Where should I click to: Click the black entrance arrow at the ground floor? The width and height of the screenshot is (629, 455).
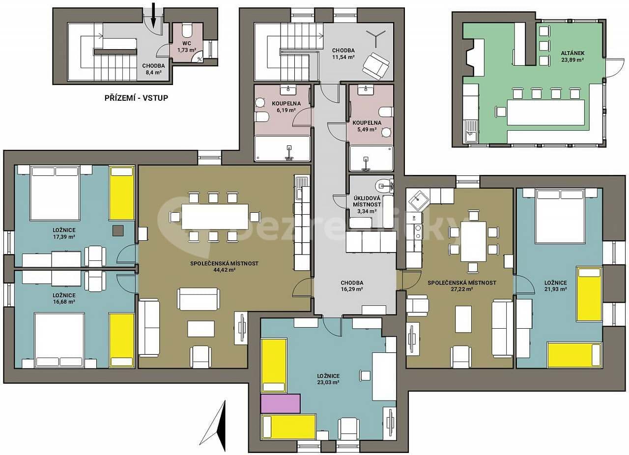153,15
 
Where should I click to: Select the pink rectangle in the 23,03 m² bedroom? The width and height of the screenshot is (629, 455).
280,403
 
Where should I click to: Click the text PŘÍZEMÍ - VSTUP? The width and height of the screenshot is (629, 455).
136,98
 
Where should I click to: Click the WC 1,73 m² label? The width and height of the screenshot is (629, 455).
186,47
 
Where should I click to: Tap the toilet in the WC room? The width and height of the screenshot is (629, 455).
187,31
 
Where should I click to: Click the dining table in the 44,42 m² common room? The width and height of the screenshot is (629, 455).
215,217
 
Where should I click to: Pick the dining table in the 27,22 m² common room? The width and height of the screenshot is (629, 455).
473,241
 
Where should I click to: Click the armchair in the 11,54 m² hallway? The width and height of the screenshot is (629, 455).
375,65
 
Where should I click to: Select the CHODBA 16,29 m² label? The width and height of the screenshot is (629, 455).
352,286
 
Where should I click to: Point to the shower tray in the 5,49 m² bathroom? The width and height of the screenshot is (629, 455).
371,158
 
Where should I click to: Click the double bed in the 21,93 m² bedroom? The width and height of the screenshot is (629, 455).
559,216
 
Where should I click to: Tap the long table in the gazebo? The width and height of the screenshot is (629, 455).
545,112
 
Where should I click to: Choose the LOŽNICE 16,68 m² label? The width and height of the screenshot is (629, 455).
64,298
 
